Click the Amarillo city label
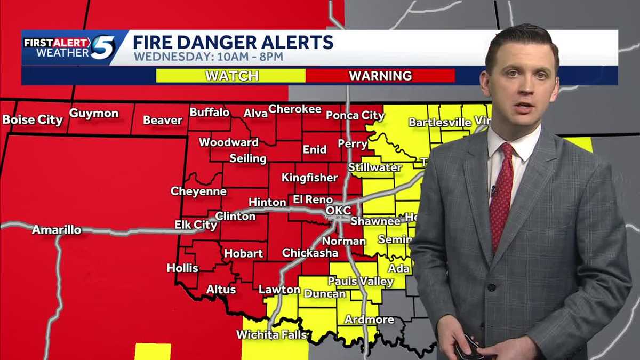[57, 230]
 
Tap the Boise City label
[33, 119]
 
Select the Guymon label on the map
[94, 113]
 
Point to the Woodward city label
[229, 142]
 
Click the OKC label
[338, 211]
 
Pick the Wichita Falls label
[272, 335]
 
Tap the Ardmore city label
[369, 320]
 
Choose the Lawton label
[279, 290]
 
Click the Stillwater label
[375, 167]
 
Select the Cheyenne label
[198, 191]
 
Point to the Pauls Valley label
[361, 281]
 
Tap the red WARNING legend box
[380, 76]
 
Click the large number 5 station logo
[102, 47]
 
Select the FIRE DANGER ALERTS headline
[233, 42]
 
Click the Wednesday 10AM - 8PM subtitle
[208, 57]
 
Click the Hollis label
[182, 268]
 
